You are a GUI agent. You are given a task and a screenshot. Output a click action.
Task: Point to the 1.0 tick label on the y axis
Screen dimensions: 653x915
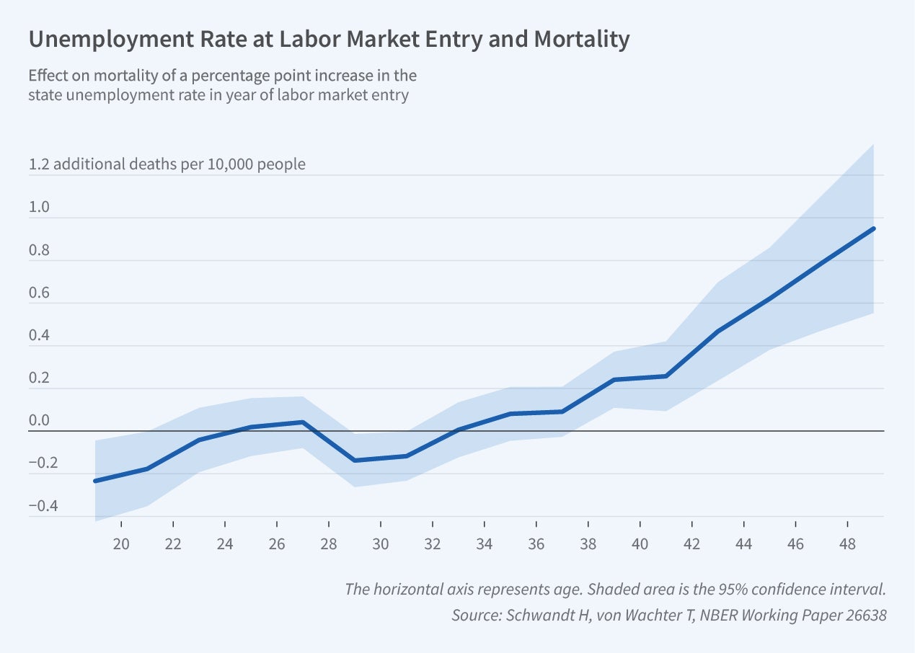point(39,208)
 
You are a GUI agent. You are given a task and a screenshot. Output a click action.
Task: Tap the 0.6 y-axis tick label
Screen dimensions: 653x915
point(39,293)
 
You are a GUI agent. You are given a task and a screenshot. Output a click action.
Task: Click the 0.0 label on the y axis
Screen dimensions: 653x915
point(39,421)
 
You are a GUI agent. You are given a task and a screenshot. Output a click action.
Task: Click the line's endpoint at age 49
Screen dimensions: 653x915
point(874,228)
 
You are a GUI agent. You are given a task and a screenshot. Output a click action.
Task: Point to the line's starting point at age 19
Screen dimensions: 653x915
point(96,481)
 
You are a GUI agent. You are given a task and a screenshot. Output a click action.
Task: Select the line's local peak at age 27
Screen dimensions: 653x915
point(303,422)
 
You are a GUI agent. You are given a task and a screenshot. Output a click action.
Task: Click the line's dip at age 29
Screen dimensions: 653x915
point(355,461)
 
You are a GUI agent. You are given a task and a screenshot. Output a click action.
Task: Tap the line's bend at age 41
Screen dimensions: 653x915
point(666,376)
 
